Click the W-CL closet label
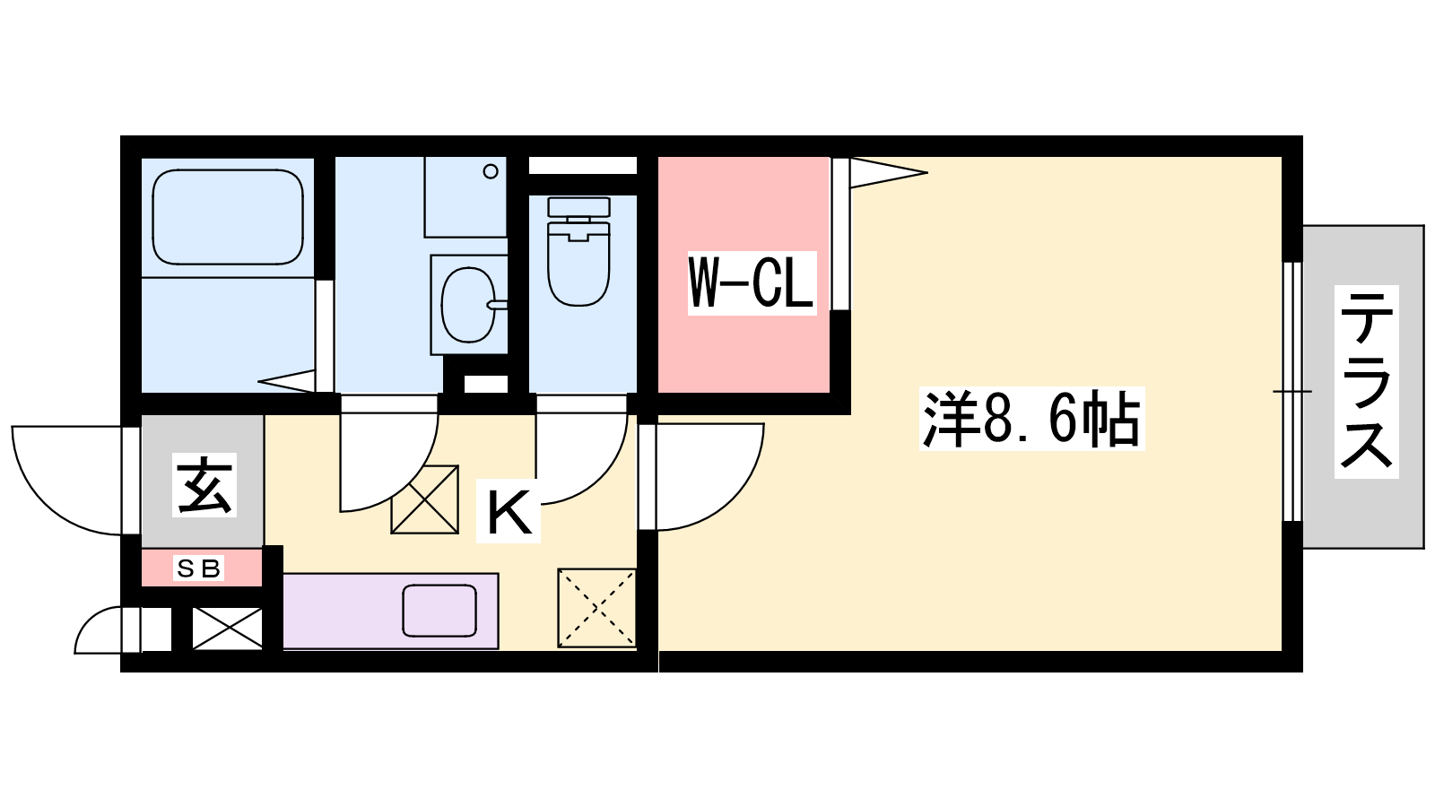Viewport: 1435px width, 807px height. pyautogui.click(x=752, y=283)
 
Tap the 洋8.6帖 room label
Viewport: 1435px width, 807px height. pyautogui.click(x=1031, y=419)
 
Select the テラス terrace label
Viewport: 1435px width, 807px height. pyautogui.click(x=1366, y=382)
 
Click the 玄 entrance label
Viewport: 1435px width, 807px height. pyautogui.click(x=204, y=485)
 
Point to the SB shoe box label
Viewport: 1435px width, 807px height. pyautogui.click(x=198, y=568)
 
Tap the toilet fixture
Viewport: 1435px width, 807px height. pyautogui.click(x=578, y=251)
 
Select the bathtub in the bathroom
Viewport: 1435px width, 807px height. pyautogui.click(x=228, y=217)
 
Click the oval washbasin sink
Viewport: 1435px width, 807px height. pyautogui.click(x=469, y=305)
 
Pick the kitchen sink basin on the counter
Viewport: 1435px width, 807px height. pyautogui.click(x=439, y=611)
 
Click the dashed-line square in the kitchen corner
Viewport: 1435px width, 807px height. pyautogui.click(x=596, y=608)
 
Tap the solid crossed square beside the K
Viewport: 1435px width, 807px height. pyautogui.click(x=425, y=499)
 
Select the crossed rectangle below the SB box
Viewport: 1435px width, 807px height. pyautogui.click(x=228, y=629)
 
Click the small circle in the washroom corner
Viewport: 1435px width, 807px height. pyautogui.click(x=491, y=171)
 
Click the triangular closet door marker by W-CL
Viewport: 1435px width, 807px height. pyautogui.click(x=888, y=172)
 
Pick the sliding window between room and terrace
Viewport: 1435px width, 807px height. pyautogui.click(x=1292, y=391)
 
